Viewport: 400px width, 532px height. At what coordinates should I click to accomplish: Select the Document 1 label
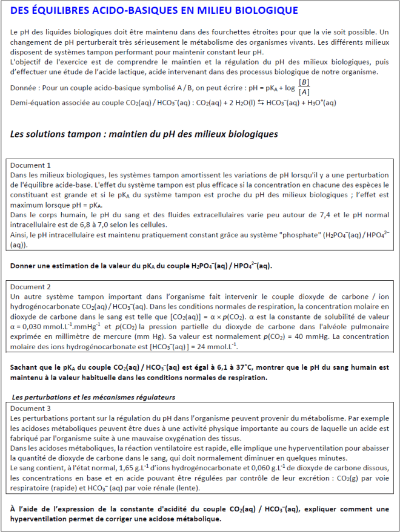tap(29, 165)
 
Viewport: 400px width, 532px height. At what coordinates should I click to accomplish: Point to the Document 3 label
tap(29, 409)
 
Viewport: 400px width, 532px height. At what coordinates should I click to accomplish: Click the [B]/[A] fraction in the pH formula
tap(304, 87)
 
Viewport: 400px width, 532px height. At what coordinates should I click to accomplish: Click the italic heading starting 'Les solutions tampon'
tap(144, 134)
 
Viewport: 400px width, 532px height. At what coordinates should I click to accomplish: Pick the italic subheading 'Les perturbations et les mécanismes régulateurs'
tap(94, 398)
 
